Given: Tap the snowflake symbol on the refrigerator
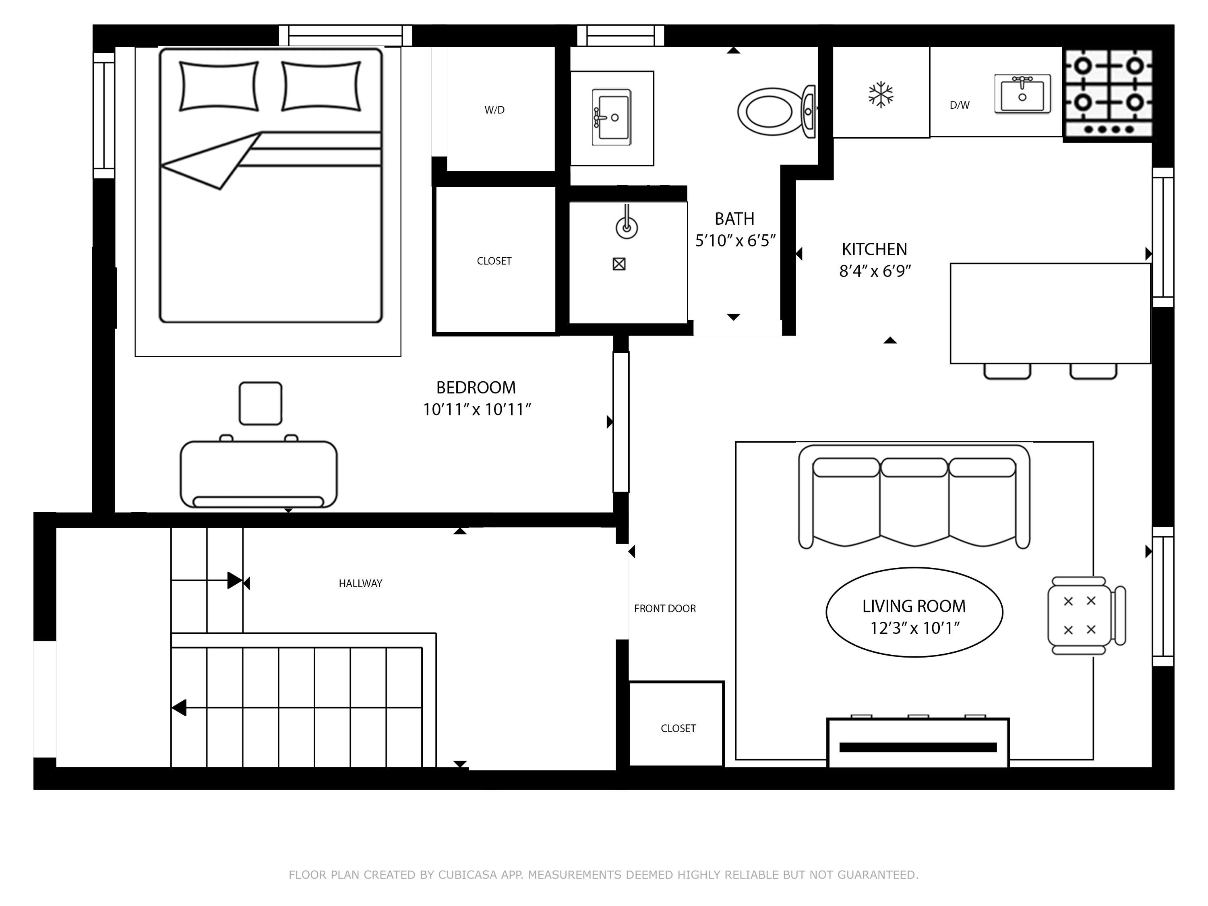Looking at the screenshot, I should [880, 95].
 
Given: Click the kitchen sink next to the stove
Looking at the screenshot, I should [1022, 94].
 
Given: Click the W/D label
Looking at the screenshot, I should [494, 110].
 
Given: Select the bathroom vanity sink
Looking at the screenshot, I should [612, 118].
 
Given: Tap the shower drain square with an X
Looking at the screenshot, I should [619, 264].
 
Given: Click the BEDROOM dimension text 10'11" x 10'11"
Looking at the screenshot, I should [477, 410].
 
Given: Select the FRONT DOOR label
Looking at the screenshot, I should [665, 608].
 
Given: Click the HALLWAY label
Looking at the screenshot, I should [360, 583].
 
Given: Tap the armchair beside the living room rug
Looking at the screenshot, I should [1084, 615].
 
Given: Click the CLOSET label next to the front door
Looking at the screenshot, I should [678, 728].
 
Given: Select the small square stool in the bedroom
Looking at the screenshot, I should [261, 403].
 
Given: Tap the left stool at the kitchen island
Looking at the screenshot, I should [1007, 371].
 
